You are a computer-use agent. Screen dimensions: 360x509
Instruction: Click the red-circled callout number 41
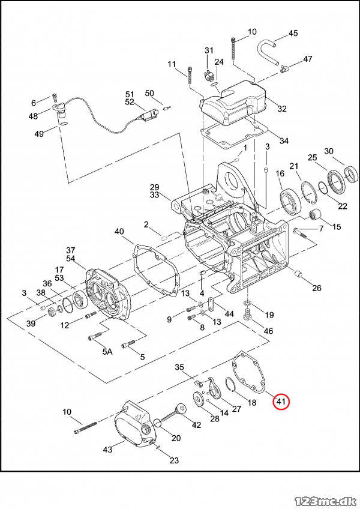tap(281, 402)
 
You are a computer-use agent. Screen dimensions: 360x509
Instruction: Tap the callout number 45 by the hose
tap(293, 33)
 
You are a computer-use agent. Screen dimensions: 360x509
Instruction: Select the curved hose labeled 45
tap(266, 51)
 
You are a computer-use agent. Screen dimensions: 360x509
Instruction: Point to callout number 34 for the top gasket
tap(284, 141)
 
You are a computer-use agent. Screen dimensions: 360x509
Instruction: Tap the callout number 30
tap(329, 151)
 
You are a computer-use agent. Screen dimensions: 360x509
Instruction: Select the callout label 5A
tap(107, 351)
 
